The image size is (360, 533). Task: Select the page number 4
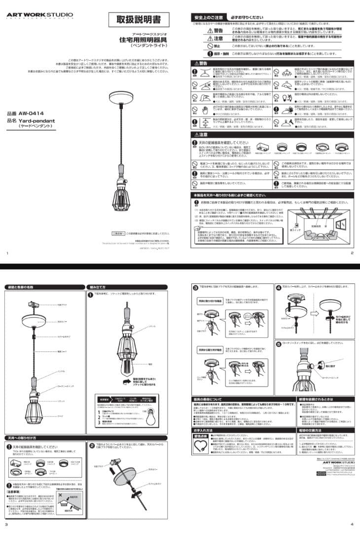click(352, 524)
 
